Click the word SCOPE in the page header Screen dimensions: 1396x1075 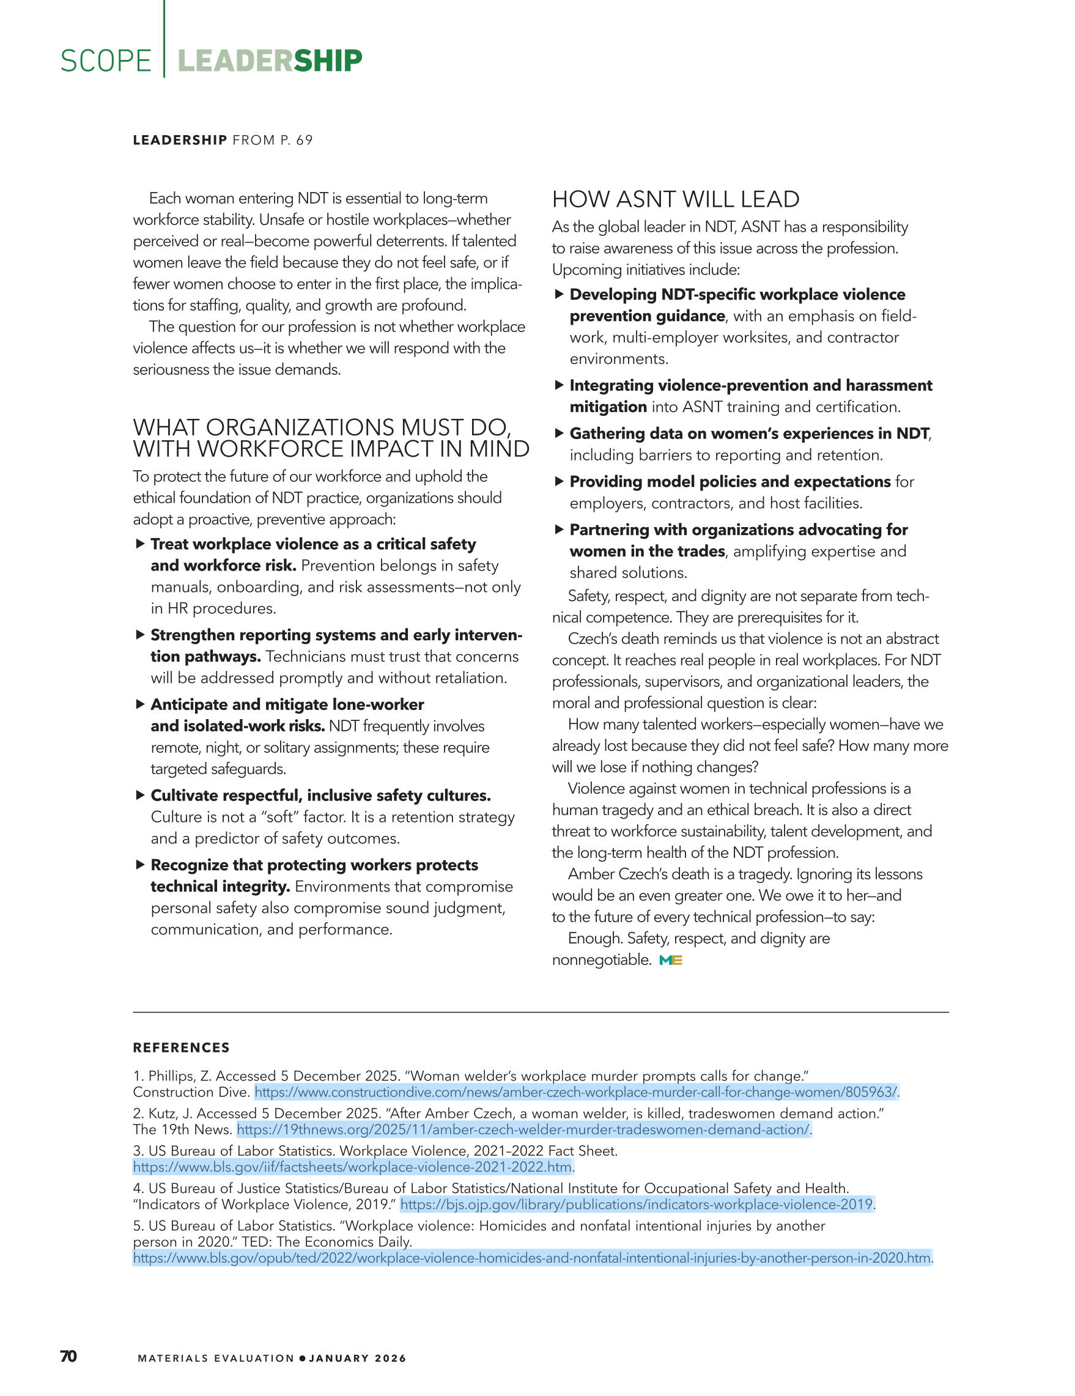[x=105, y=61]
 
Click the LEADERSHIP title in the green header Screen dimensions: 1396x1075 [x=270, y=61]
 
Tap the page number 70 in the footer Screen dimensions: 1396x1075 [x=68, y=1356]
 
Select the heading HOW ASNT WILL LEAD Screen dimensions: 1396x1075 [x=676, y=199]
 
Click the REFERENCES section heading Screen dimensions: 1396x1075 [x=181, y=1047]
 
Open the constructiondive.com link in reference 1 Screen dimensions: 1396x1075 [x=576, y=1092]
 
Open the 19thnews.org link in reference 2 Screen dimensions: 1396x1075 [x=523, y=1129]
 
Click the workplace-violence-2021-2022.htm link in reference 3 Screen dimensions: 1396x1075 [x=352, y=1167]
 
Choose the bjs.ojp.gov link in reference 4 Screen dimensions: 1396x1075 [x=637, y=1204]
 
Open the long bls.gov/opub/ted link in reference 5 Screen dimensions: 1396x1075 [x=532, y=1258]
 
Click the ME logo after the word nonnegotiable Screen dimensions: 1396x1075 [x=670, y=960]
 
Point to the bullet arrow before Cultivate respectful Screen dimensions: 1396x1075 [x=140, y=795]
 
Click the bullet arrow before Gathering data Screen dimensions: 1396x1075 [x=560, y=434]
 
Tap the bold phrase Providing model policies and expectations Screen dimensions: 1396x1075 [x=730, y=482]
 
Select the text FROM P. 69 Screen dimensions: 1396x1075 [x=272, y=140]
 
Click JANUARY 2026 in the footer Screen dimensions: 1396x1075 [x=357, y=1358]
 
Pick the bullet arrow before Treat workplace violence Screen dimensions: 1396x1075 [x=140, y=544]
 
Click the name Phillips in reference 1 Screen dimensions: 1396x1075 [x=171, y=1076]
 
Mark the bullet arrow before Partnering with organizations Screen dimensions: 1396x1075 [x=560, y=530]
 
